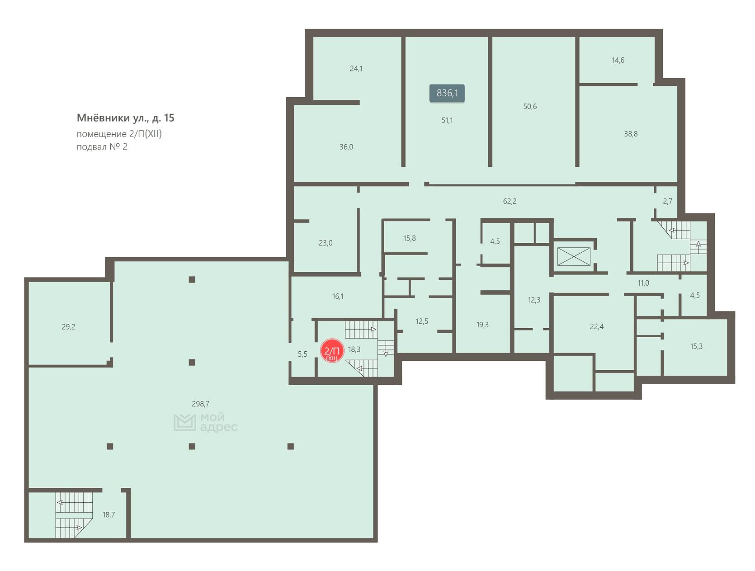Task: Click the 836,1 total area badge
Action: click(x=447, y=93)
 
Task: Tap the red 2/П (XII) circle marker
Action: click(x=332, y=351)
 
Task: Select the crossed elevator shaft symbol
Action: click(x=574, y=256)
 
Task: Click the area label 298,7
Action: click(x=201, y=404)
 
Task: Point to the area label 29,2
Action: click(x=68, y=327)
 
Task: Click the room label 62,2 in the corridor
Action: click(x=510, y=201)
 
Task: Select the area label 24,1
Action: click(x=356, y=68)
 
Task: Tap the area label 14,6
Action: click(x=618, y=60)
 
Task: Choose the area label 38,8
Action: click(x=631, y=134)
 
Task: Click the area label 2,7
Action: click(x=668, y=201)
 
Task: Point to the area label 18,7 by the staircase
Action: click(x=109, y=514)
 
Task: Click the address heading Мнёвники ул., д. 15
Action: click(x=126, y=118)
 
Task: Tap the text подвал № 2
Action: click(x=102, y=147)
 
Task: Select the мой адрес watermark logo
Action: click(x=205, y=422)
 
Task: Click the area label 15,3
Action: click(x=697, y=346)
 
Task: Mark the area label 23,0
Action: click(x=326, y=243)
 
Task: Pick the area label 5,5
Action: click(x=303, y=354)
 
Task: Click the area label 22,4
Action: click(x=597, y=326)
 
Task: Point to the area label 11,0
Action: click(x=643, y=283)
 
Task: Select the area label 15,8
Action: click(x=410, y=238)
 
